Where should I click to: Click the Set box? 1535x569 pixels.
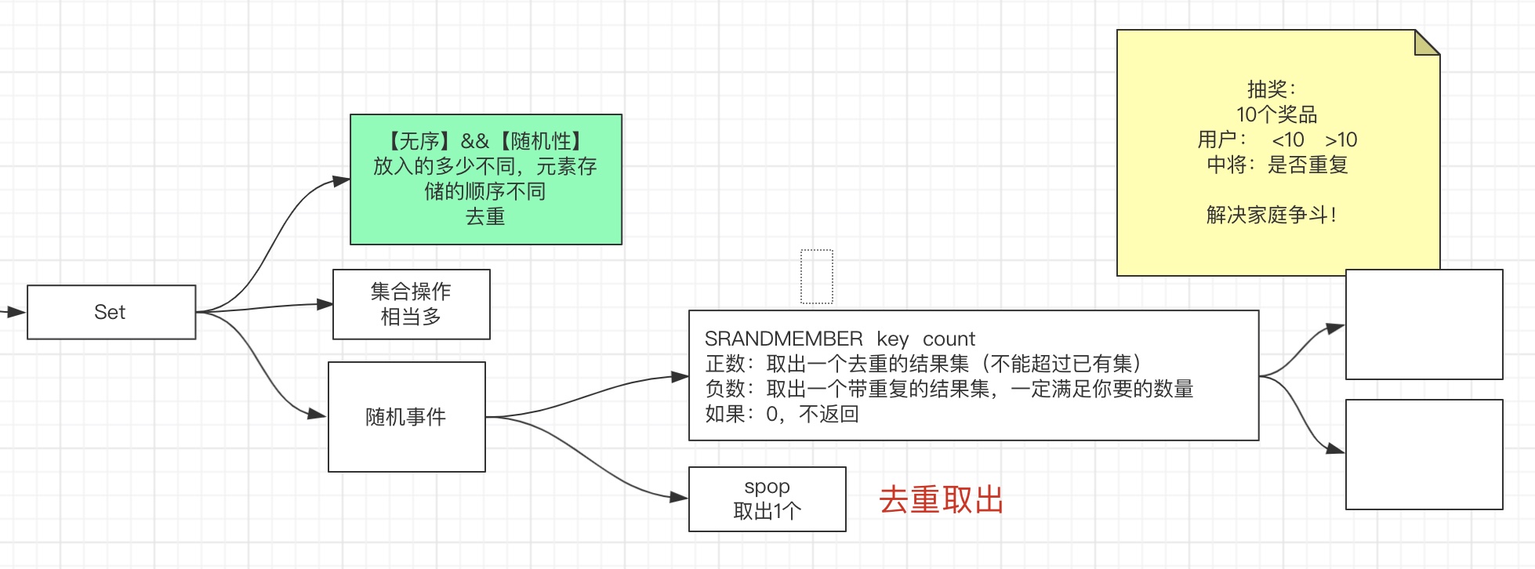pos(111,312)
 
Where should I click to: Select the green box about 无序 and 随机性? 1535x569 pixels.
pos(485,179)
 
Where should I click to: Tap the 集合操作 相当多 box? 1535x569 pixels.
pos(411,304)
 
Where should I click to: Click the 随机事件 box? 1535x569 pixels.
pos(406,417)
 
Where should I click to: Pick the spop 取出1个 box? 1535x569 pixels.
pos(767,499)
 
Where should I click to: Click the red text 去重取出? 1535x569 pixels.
pos(941,500)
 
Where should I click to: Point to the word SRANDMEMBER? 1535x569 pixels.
pos(783,339)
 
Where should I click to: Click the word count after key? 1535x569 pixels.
pos(949,339)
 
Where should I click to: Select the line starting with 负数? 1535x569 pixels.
pos(949,389)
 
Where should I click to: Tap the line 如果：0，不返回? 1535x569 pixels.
pos(782,414)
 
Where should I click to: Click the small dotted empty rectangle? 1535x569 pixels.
pos(816,276)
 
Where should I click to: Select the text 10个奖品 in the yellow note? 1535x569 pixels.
pos(1276,114)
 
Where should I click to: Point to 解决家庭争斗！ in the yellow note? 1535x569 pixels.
pos(1272,215)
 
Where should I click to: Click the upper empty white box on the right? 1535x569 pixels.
pos(1424,324)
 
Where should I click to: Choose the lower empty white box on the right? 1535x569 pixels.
pos(1424,455)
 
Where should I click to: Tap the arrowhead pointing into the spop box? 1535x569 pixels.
pos(679,497)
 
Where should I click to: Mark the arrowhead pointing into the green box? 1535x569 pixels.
pos(341,181)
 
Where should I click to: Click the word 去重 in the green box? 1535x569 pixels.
pos(485,216)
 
